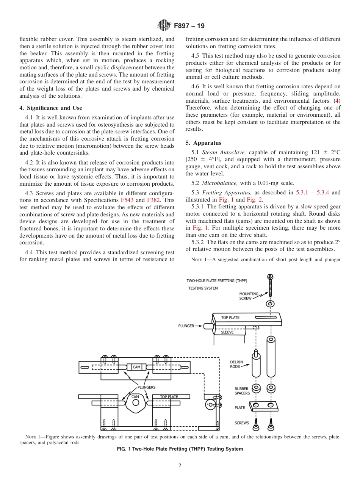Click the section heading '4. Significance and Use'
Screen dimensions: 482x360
pos(50,108)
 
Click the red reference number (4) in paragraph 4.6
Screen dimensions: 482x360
pos(337,100)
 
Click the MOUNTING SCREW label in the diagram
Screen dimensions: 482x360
pos(249,296)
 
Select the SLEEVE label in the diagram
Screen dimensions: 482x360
pos(227,332)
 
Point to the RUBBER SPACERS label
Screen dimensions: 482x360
pos(242,391)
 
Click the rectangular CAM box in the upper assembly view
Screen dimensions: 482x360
pos(136,367)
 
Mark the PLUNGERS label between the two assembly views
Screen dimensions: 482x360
pos(146,387)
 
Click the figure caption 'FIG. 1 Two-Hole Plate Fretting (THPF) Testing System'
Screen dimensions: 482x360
pos(180,449)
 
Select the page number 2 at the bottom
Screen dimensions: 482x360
pos(180,466)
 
